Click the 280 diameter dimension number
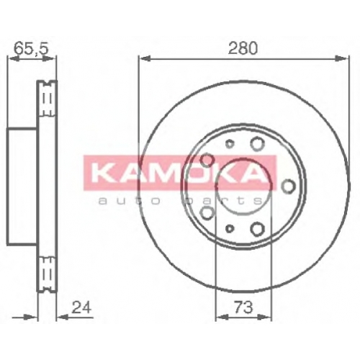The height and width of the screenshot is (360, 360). tap(243, 48)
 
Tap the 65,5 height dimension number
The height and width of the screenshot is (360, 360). tap(32, 48)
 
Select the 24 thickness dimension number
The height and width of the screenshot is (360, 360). tap(81, 307)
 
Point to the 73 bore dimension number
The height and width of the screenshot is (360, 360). tap(243, 307)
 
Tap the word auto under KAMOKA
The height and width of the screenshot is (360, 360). tap(130, 201)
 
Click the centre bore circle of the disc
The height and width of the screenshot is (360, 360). tap(243, 186)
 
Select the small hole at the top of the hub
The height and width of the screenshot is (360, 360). tap(230, 143)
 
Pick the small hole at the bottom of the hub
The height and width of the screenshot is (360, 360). tap(230, 228)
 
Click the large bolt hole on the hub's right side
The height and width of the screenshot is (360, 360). tap(288, 186)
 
